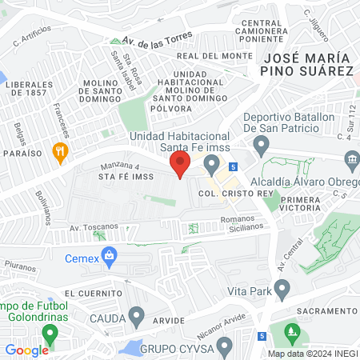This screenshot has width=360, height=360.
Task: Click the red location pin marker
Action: (x=179, y=166)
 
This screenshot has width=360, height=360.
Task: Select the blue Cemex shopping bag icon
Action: (x=110, y=257)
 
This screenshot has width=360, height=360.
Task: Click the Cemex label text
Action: (x=81, y=258)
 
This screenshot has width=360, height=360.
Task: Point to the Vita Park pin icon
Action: (x=281, y=288)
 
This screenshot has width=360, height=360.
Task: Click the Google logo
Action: (x=26, y=350)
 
